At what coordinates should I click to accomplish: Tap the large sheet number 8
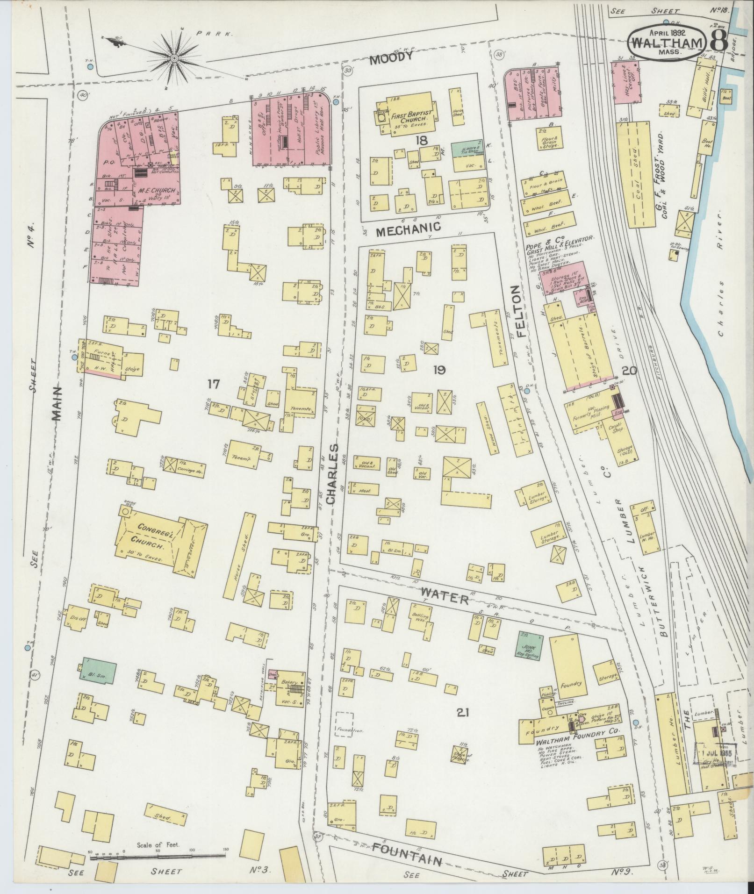718,41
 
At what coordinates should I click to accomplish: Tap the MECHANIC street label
409,227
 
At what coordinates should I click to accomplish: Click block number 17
214,384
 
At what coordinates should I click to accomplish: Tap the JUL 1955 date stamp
715,753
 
